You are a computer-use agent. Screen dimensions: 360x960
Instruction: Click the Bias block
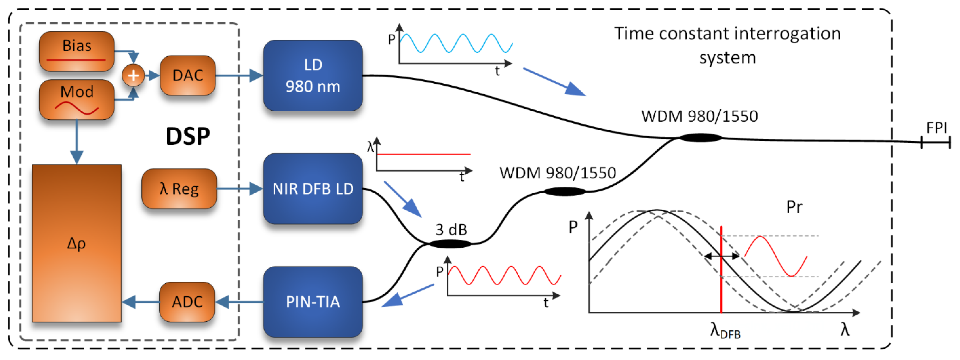(76, 51)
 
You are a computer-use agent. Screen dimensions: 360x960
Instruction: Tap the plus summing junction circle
(133, 76)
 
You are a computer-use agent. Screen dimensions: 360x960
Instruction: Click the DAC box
(188, 76)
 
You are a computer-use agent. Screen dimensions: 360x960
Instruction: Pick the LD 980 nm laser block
(313, 76)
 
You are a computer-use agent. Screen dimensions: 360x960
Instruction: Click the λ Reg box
(179, 189)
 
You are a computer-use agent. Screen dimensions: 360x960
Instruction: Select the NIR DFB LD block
(313, 189)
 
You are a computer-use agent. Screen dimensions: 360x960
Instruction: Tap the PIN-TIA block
(313, 302)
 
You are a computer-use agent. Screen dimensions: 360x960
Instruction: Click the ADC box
(187, 302)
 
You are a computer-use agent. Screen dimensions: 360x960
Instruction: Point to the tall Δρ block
(76, 243)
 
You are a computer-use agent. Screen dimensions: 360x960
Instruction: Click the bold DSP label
(188, 136)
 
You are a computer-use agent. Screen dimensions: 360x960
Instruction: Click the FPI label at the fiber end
(936, 128)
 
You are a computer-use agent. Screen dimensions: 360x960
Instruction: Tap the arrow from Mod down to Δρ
(77, 142)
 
